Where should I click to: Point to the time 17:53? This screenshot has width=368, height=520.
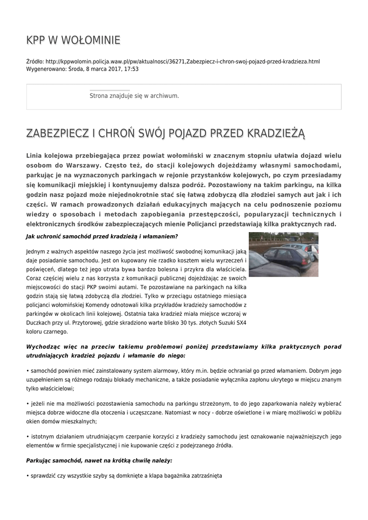coord(131,69)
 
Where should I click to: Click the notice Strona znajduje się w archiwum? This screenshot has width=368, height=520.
coord(134,95)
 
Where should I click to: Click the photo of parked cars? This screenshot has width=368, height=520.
coord(283,254)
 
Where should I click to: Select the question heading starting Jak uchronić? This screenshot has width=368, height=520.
coord(102,237)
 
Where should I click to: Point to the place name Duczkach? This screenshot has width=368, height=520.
coord(39,322)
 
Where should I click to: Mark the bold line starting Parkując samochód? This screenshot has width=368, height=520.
coord(99,460)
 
